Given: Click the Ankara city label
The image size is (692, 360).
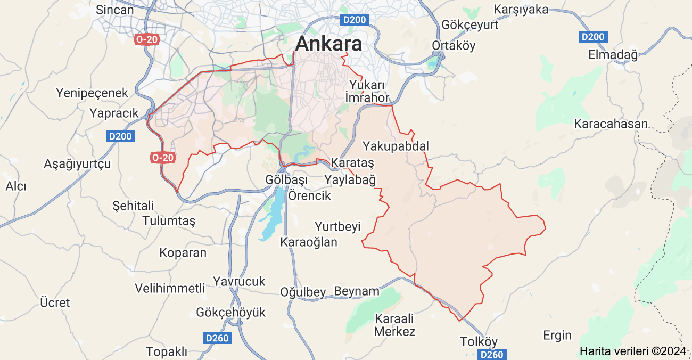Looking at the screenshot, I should [328, 44].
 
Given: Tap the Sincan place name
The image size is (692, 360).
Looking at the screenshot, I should [114, 10].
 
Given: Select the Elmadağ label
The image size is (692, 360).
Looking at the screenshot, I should [612, 54].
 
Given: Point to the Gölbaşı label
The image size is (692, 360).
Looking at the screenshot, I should [287, 180].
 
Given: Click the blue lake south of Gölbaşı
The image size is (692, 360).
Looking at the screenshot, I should [273, 213].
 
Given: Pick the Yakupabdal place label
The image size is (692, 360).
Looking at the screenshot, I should [395, 146].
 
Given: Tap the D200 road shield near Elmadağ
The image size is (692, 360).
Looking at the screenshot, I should [592, 37].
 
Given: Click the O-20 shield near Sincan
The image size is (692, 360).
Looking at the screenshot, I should [146, 39].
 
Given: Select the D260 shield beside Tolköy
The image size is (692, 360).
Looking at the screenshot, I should [491, 354].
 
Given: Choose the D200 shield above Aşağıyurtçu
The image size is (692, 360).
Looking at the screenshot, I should [120, 136].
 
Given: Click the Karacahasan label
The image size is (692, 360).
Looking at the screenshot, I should [611, 124].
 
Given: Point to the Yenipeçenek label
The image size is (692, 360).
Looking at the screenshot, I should [92, 93].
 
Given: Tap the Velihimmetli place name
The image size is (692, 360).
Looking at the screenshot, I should [170, 288].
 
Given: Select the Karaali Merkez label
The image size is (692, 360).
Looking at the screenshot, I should [394, 325].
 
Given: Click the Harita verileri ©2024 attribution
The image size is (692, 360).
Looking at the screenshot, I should [633, 351].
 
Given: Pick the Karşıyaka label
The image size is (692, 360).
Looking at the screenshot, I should [521, 10].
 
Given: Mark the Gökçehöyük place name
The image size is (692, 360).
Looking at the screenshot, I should [230, 312].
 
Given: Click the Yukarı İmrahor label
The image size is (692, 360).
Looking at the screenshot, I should [367, 91].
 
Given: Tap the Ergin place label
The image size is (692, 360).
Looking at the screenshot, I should [557, 335].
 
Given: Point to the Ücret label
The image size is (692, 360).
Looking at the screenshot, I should [55, 302].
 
